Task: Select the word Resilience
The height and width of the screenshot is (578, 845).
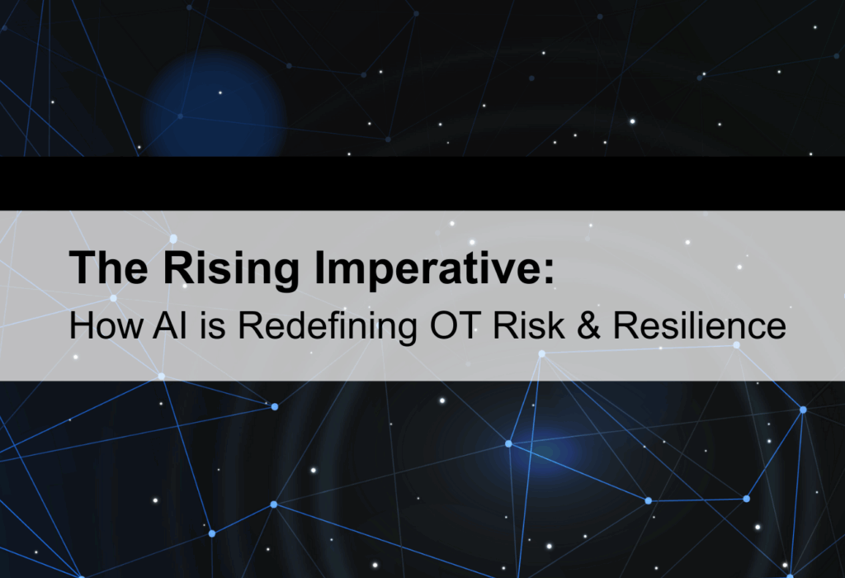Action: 687,325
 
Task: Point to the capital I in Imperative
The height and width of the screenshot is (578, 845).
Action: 304,269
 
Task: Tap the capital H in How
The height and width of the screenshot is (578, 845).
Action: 80,325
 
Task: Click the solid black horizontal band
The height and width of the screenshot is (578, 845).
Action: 422,182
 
